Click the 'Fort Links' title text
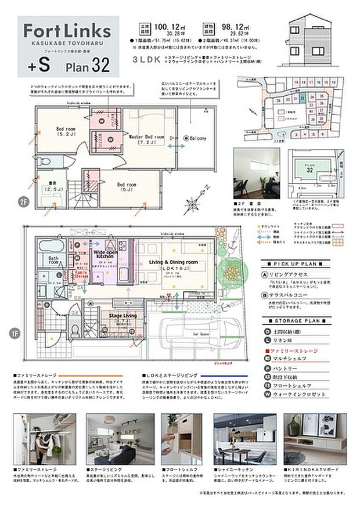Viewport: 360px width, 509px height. coord(67,30)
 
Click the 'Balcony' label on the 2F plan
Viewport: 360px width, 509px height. coord(194,138)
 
